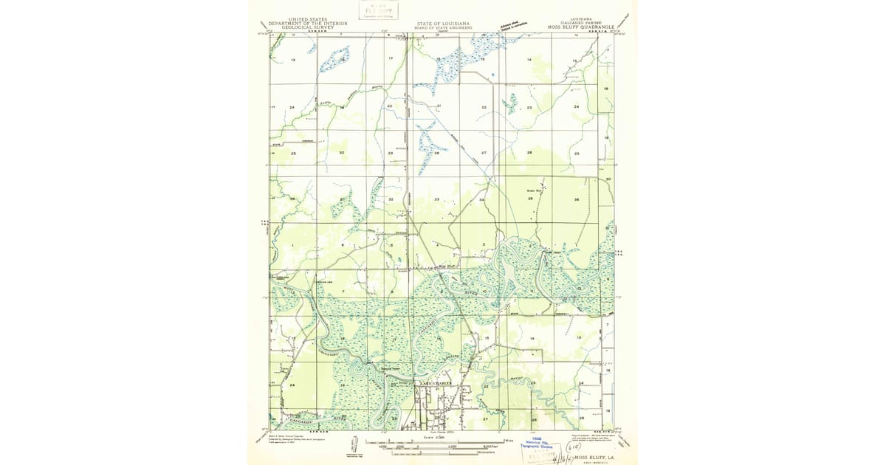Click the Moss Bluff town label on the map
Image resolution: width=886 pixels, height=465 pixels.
pos(448,266)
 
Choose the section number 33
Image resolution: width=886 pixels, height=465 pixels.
pos(436,199)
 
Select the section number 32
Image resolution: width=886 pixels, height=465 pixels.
pos(391,200)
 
